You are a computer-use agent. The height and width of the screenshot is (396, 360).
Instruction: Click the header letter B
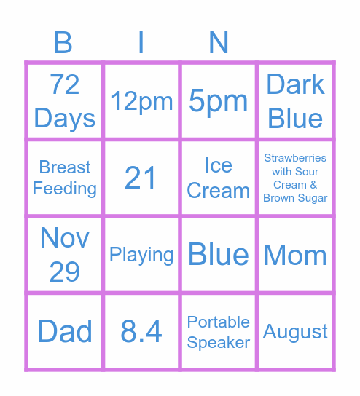click(x=64, y=43)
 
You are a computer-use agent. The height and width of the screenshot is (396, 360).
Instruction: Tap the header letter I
click(x=141, y=43)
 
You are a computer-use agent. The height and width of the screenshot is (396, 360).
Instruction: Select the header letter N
click(x=219, y=43)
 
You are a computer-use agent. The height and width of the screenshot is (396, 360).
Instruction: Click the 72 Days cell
click(x=65, y=101)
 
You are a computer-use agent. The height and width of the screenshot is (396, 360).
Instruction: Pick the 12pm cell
click(x=141, y=101)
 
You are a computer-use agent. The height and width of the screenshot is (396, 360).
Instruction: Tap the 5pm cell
click(x=219, y=101)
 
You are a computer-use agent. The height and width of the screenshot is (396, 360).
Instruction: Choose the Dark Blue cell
click(x=295, y=101)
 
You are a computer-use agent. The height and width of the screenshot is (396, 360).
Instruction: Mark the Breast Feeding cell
click(x=65, y=178)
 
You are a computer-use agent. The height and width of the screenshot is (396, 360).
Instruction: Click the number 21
click(x=141, y=178)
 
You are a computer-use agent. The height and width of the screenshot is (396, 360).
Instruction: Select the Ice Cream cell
click(x=219, y=178)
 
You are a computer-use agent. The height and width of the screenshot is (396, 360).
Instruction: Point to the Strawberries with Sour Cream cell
click(x=295, y=178)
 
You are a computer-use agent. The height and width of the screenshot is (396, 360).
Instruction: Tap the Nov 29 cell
click(x=65, y=255)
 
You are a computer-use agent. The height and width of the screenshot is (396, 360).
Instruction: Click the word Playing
click(x=141, y=255)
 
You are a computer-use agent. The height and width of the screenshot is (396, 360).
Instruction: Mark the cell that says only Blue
click(x=219, y=255)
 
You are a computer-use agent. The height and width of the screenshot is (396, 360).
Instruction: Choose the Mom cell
click(x=295, y=255)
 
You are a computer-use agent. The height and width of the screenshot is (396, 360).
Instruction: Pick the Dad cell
click(x=65, y=331)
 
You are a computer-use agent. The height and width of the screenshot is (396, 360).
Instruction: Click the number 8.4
click(x=141, y=331)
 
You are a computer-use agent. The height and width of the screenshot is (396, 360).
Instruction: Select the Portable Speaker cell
click(x=219, y=331)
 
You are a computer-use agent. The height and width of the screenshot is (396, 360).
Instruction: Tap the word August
click(x=295, y=332)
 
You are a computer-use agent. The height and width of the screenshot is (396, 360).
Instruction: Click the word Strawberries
click(x=295, y=158)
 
